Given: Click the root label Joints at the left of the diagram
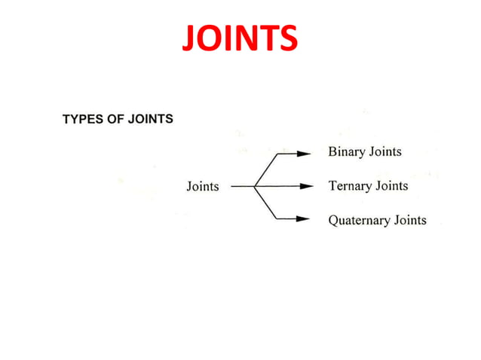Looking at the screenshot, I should click(x=203, y=186).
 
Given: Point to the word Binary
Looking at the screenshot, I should click(x=345, y=152).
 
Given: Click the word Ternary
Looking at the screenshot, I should click(x=348, y=186).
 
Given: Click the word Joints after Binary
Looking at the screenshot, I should click(x=384, y=152).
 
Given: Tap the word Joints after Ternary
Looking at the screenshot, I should click(x=390, y=186).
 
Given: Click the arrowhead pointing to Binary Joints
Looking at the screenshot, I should click(x=305, y=153).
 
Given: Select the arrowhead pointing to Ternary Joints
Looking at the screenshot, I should click(x=305, y=186).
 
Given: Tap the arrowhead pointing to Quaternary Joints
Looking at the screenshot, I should click(x=305, y=219).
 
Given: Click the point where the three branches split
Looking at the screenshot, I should click(x=256, y=186).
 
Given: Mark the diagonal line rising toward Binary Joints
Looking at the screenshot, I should click(x=267, y=169).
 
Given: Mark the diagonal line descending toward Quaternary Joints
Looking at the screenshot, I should click(x=267, y=203).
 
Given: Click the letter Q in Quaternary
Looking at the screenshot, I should click(x=333, y=221).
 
